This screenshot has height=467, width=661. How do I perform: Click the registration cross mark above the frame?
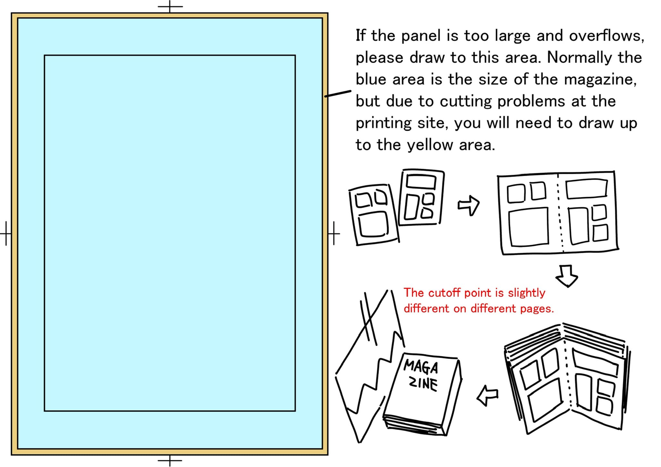click(x=170, y=6)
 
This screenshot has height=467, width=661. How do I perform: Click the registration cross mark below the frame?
click(x=170, y=460)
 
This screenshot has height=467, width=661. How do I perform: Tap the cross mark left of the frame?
click(x=6, y=233)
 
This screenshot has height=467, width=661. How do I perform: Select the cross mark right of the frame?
click(x=334, y=233)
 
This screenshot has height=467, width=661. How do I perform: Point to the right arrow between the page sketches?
click(x=469, y=205)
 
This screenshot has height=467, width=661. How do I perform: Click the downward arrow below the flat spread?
click(x=567, y=276)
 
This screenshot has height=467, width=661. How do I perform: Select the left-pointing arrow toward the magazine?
click(x=487, y=395)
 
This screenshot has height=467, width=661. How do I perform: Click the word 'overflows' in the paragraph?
click(x=606, y=36)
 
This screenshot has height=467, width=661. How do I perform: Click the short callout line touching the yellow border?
click(x=338, y=94)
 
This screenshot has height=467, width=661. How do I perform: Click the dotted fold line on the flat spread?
click(x=560, y=213)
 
